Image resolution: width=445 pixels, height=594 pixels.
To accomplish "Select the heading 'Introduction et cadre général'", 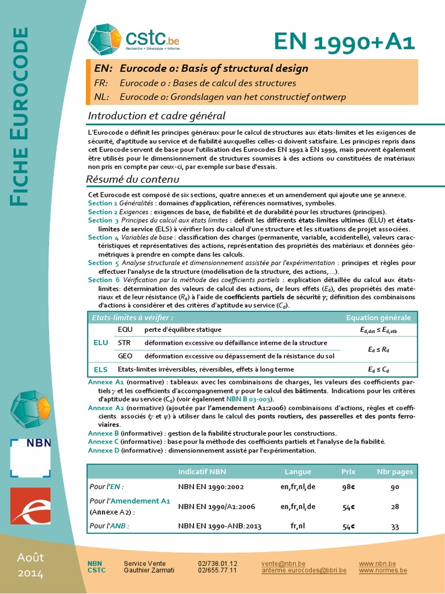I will pyautogui.click(x=156, y=116).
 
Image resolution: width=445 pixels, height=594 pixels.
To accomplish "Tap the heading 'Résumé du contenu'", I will pyautogui.click(x=133, y=179).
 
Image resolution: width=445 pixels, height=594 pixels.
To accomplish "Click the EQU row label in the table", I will pyautogui.click(x=125, y=329).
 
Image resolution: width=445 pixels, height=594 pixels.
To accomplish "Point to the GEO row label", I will pyautogui.click(x=125, y=356).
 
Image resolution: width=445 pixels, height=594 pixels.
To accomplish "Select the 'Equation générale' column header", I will pyautogui.click(x=378, y=317).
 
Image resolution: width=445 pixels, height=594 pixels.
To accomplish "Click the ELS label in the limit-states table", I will pyautogui.click(x=101, y=369).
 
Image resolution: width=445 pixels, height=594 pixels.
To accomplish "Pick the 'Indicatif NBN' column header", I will pyautogui.click(x=202, y=472).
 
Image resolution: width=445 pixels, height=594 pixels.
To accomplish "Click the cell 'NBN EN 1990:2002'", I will pyautogui.click(x=211, y=487).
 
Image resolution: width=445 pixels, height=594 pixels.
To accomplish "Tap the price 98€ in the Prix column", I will pyautogui.click(x=348, y=487).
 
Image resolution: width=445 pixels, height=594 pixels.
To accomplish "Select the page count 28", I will pyautogui.click(x=395, y=506).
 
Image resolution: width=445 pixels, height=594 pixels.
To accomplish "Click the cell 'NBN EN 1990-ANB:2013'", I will pyautogui.click(x=220, y=526).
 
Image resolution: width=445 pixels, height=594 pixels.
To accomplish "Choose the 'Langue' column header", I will pyautogui.click(x=298, y=472).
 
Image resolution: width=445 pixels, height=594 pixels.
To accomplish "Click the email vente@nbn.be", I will pyautogui.click(x=283, y=563).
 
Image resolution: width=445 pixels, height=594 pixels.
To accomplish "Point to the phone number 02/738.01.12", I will pyautogui.click(x=217, y=563).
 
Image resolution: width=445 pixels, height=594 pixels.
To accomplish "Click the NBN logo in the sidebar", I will pyautogui.click(x=31, y=458).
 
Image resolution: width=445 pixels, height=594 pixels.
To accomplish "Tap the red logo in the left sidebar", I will pyautogui.click(x=31, y=505).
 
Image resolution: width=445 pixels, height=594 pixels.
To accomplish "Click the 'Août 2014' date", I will pyautogui.click(x=30, y=566).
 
